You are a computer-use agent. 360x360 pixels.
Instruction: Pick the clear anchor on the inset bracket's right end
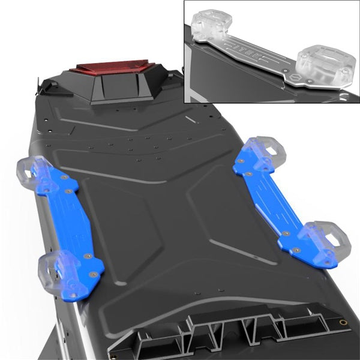pyautogui.click(x=326, y=64)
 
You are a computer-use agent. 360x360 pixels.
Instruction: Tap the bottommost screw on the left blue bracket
pyautogui.click(x=72, y=295)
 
